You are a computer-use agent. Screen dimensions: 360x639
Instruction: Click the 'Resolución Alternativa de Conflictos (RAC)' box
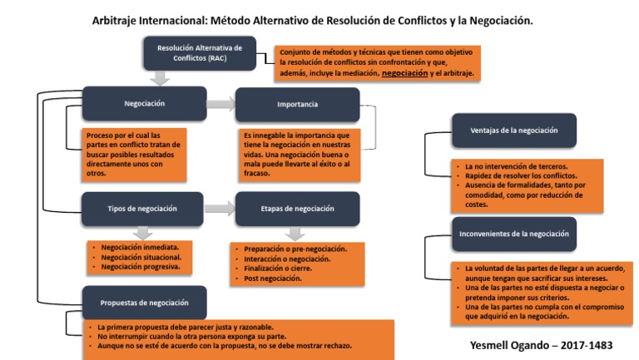(199, 53)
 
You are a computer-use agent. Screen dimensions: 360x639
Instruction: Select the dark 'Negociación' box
(145, 104)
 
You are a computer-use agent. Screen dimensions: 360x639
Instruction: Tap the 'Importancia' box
(297, 105)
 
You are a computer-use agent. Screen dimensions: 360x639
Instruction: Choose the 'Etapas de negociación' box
(297, 209)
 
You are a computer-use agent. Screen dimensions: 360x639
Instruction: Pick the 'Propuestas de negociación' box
(145, 303)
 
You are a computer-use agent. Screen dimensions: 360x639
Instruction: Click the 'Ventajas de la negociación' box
(513, 131)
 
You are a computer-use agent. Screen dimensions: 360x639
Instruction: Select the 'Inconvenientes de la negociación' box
(513, 234)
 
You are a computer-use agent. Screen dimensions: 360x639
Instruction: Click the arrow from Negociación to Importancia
(220, 105)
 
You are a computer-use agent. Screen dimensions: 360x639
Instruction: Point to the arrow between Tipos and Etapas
(220, 209)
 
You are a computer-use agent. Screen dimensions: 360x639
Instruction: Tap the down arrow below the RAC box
(161, 79)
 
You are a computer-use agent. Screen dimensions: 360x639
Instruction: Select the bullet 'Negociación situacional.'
(141, 258)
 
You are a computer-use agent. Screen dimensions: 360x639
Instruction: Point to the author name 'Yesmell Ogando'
(497, 343)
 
